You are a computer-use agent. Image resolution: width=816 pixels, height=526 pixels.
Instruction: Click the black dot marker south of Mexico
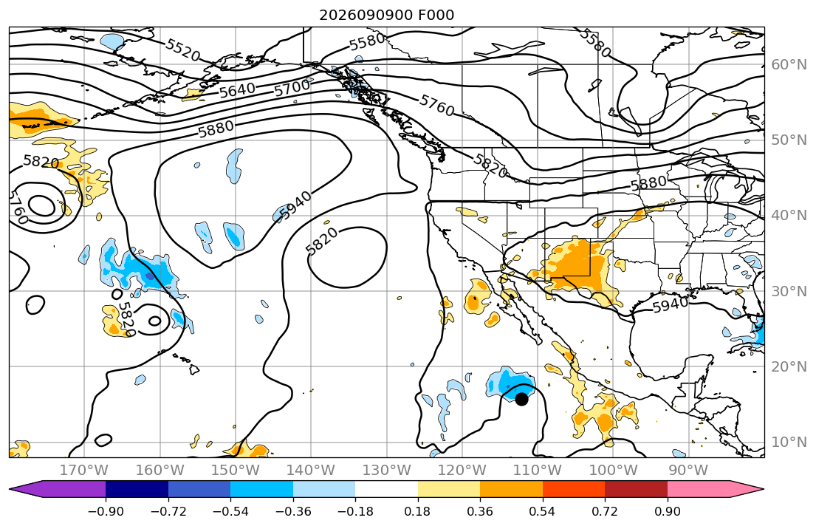pyautogui.click(x=521, y=400)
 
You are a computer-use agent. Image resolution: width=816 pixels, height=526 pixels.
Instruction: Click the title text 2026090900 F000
pyautogui.click(x=387, y=15)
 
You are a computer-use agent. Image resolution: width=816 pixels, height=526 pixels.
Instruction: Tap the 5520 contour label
pyautogui.click(x=183, y=50)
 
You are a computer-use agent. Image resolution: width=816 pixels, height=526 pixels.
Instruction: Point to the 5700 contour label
pyautogui.click(x=292, y=87)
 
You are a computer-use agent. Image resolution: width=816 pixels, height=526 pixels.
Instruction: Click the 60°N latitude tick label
pyautogui.click(x=789, y=65)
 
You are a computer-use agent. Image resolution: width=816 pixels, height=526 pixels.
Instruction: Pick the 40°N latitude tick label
pyautogui.click(x=789, y=216)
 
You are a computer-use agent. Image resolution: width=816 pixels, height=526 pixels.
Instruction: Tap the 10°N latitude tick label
pyautogui.click(x=789, y=443)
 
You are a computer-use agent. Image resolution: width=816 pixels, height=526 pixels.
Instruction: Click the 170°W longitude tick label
pyautogui.click(x=84, y=471)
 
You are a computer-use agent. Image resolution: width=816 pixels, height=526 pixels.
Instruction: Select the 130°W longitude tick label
pyautogui.click(x=387, y=471)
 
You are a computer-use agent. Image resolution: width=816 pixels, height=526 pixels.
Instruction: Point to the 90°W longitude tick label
pyautogui.click(x=688, y=471)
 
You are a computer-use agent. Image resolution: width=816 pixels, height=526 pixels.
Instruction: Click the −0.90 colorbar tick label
pyautogui.click(x=106, y=511)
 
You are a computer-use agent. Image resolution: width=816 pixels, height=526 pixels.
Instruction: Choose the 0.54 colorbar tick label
pyautogui.click(x=542, y=511)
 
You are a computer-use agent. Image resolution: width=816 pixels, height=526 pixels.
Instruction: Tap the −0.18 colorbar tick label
pyautogui.click(x=355, y=511)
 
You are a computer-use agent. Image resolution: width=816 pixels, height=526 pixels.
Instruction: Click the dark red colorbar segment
pyautogui.click(x=636, y=489)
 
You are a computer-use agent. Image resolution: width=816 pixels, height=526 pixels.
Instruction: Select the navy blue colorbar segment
pyautogui.click(x=137, y=489)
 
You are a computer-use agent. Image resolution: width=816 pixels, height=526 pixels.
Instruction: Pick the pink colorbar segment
pyautogui.click(x=699, y=489)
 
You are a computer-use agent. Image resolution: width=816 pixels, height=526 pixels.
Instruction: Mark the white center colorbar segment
pyautogui.click(x=387, y=489)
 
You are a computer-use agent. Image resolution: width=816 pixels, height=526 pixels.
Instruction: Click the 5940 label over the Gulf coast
pyautogui.click(x=671, y=304)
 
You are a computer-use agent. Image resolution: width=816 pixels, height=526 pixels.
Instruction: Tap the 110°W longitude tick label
pyautogui.click(x=538, y=471)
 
